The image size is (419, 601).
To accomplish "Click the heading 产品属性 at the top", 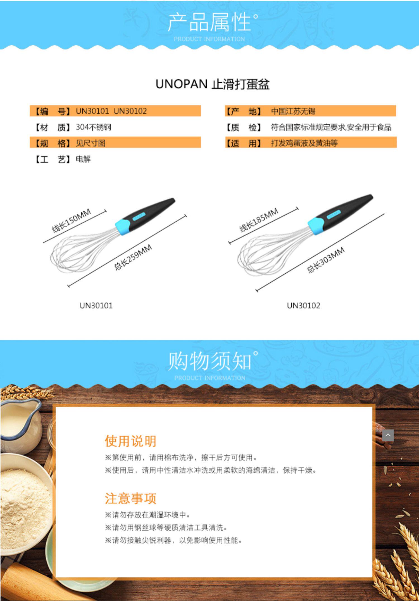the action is tap(209, 22).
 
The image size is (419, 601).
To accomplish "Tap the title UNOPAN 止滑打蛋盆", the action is tap(213, 84).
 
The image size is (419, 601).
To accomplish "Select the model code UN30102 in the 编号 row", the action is tap(130, 111).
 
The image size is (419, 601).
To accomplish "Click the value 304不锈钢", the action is tap(94, 127).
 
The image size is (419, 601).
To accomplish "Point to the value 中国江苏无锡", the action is tap(293, 111).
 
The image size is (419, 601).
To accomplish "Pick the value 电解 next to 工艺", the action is tap(83, 159).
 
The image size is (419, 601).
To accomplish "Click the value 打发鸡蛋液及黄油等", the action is tap(304, 143).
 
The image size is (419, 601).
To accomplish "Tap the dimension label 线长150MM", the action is tap(72, 221).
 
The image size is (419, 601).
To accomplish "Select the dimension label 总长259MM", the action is tap(133, 257).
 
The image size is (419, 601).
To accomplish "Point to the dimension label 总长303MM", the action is tap(326, 260).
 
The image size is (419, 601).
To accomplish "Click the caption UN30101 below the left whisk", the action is tap(96, 306).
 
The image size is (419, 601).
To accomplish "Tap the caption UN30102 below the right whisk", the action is tap(303, 306).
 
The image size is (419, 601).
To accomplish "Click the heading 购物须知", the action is tap(209, 361).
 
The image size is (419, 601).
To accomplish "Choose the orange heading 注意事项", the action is tap(130, 498).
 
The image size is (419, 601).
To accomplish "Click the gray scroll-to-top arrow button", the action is tap(388, 435).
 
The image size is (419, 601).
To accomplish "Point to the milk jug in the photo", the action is tap(20, 422).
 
